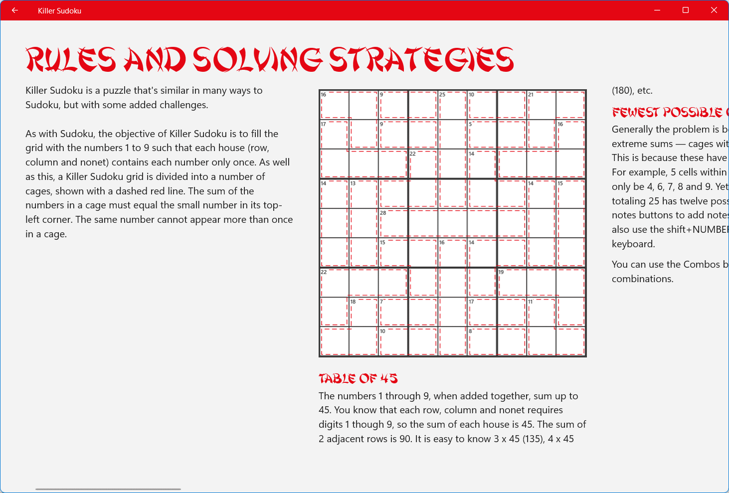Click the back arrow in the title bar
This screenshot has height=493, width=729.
pyautogui.click(x=15, y=10)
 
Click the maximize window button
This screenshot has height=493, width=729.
pyautogui.click(x=686, y=10)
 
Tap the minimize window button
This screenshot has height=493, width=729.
pyautogui.click(x=657, y=10)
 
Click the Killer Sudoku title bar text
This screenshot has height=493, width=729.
pyautogui.click(x=59, y=11)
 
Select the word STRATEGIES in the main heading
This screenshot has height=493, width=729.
pyautogui.click(x=421, y=60)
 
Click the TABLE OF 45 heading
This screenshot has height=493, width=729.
pyautogui.click(x=358, y=379)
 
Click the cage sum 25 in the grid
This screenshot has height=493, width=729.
pyautogui.click(x=442, y=95)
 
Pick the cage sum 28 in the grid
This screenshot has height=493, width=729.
pyautogui.click(x=383, y=213)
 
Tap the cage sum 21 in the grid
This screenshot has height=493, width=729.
pyautogui.click(x=531, y=95)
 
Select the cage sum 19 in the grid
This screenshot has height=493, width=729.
pyautogui.click(x=501, y=272)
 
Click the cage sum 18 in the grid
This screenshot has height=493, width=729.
pyautogui.click(x=353, y=302)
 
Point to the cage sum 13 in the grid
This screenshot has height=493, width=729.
pyautogui.click(x=353, y=183)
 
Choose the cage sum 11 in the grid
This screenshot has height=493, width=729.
pyautogui.click(x=531, y=302)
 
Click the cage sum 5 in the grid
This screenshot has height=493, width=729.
pyautogui.click(x=470, y=124)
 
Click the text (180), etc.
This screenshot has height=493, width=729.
pyautogui.click(x=632, y=91)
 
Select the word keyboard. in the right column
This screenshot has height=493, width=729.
pyautogui.click(x=633, y=244)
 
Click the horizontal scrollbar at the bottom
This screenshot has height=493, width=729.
pyautogui.click(x=108, y=489)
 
